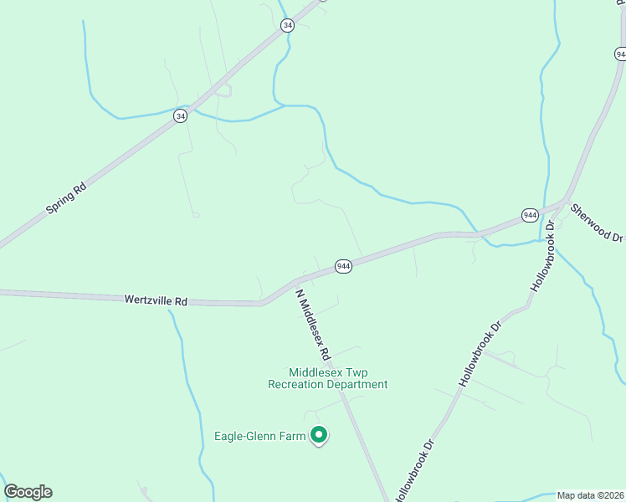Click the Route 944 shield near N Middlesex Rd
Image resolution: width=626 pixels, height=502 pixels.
point(343,266)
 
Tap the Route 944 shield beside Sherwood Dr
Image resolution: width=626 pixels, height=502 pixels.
point(530,215)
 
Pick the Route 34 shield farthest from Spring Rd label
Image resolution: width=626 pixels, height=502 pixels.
point(288,26)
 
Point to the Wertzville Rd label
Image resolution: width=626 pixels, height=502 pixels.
point(156,299)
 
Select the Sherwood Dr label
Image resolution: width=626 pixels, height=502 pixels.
point(597,222)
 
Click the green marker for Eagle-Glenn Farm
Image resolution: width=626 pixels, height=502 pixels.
point(318,434)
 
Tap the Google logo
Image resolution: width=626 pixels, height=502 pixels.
point(28,492)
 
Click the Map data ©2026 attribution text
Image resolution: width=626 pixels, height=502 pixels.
point(591,495)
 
